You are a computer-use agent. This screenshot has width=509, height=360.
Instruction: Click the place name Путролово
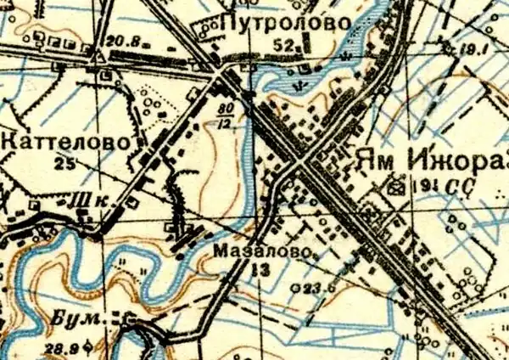(x=282, y=23)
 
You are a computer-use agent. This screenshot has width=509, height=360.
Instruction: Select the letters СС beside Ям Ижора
(x=466, y=185)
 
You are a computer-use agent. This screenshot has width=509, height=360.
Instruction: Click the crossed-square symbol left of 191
(x=394, y=183)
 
